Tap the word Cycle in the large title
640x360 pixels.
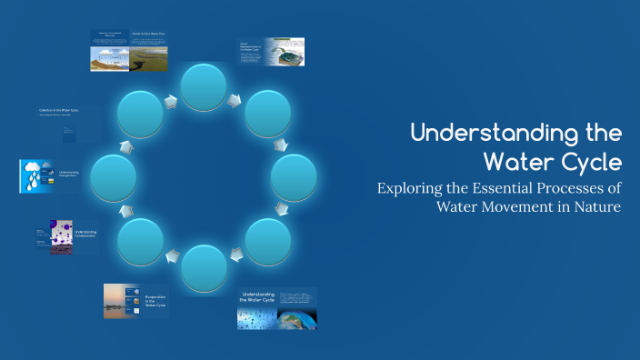(x=591, y=162)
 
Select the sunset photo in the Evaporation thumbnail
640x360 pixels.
(x=123, y=301)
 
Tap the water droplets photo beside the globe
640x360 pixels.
(x=257, y=317)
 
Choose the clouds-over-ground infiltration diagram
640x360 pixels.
(x=109, y=56)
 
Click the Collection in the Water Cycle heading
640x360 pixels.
(x=60, y=110)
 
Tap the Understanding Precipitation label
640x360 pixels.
(x=69, y=174)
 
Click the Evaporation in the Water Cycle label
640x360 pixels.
(x=155, y=299)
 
